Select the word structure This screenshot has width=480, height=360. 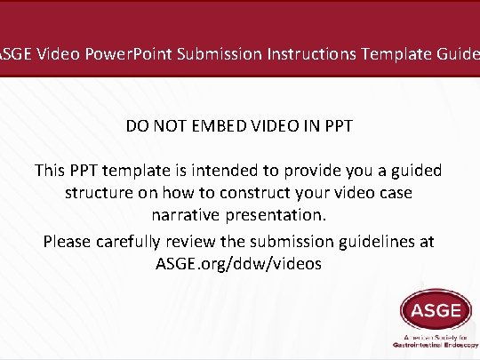[98, 193]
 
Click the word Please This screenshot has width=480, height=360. [68, 241]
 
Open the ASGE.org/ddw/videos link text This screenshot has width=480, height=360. [240, 264]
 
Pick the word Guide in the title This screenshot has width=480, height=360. [459, 54]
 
